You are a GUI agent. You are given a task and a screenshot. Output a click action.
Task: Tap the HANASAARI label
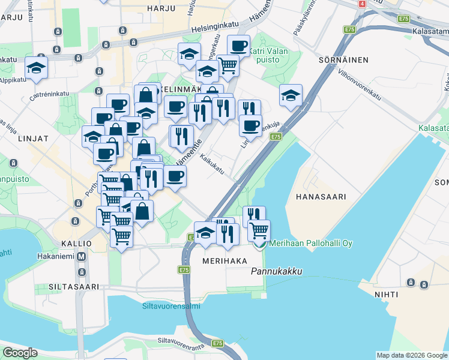(321, 196)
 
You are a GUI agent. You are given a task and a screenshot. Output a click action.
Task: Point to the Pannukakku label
(276, 272)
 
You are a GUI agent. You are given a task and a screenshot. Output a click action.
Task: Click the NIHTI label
(388, 294)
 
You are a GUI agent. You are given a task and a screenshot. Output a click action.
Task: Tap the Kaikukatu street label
(212, 166)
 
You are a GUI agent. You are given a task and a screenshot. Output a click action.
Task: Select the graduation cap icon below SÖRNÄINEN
(291, 95)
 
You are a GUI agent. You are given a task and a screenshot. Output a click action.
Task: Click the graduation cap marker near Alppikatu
(37, 68)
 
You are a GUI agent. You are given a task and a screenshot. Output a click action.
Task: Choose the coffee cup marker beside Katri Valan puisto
(238, 46)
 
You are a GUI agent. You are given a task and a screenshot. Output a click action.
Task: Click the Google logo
(20, 353)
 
